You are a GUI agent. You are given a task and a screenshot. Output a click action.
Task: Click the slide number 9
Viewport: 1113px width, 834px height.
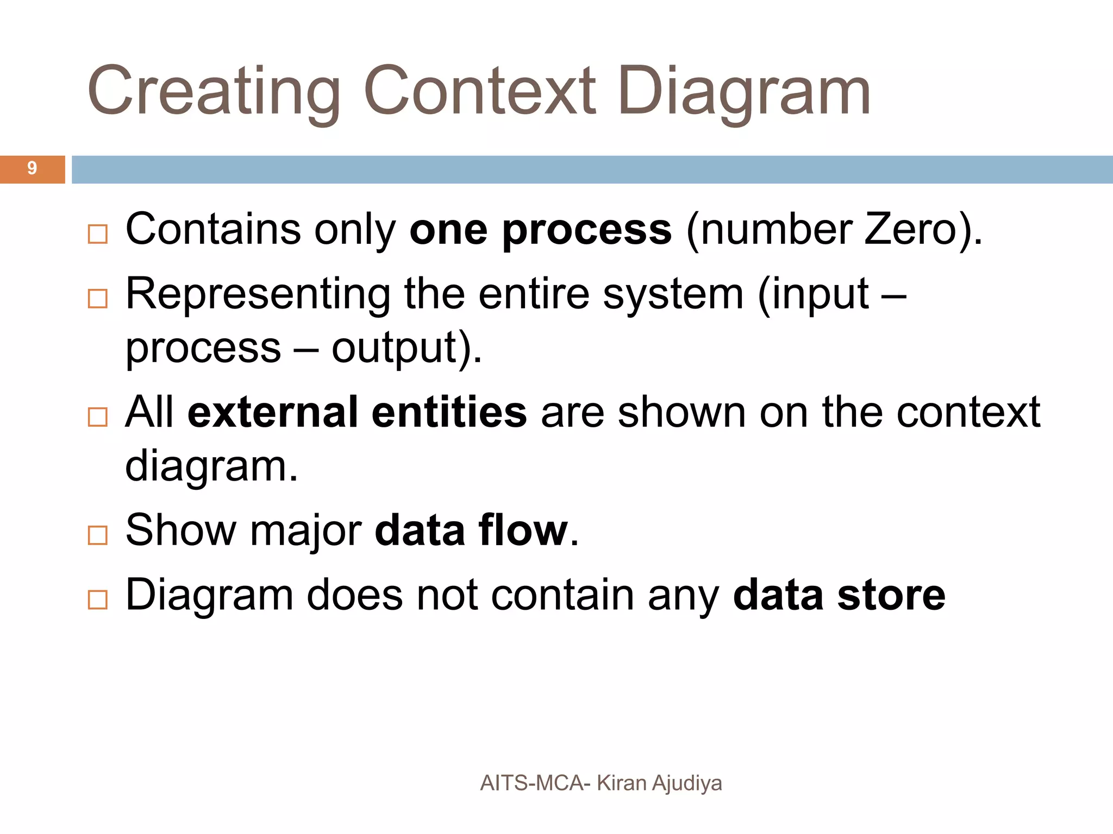click(x=32, y=169)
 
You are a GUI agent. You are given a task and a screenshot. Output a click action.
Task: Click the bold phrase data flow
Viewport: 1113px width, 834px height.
click(x=471, y=530)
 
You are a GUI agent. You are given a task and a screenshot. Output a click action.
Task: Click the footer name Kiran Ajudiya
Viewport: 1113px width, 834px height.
click(x=659, y=783)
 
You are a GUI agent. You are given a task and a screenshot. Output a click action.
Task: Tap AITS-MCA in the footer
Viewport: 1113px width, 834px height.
click(x=532, y=783)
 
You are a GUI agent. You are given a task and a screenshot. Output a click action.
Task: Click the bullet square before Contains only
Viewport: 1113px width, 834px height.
click(x=98, y=235)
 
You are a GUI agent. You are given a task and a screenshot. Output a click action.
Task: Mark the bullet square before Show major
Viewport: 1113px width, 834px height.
click(x=98, y=535)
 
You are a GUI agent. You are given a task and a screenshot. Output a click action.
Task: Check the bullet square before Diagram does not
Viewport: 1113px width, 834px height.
click(x=98, y=600)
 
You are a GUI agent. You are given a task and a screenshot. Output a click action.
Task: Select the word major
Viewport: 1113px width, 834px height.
click(x=305, y=530)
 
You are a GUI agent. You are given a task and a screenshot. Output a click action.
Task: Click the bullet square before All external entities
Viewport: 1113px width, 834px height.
click(x=98, y=417)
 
